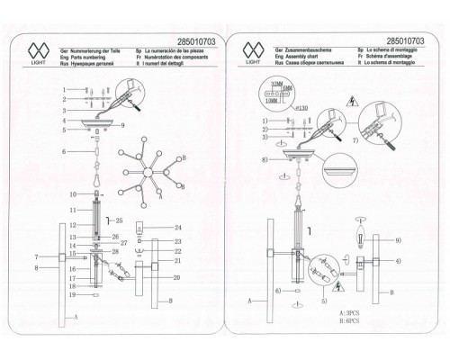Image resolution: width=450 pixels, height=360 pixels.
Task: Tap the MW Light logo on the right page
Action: point(255,50)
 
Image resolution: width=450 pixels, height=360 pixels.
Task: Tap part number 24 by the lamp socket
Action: point(178,227)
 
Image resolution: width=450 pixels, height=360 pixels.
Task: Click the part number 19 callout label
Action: point(65,295)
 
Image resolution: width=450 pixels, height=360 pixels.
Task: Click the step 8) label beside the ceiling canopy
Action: point(264,160)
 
